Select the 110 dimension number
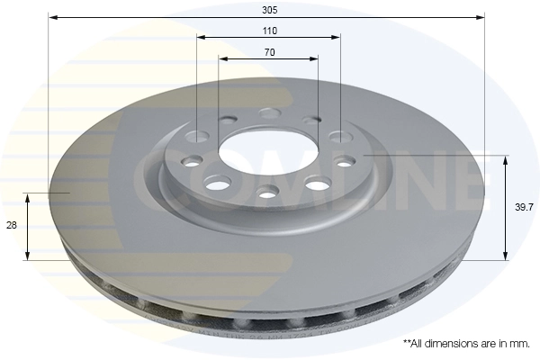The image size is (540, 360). pyautogui.click(x=269, y=31)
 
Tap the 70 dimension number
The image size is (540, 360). pyautogui.click(x=269, y=52)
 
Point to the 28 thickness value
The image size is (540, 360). pyautogui.click(x=11, y=226)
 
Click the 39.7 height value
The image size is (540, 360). pyautogui.click(x=522, y=207)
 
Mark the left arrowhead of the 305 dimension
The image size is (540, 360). pyautogui.click(x=52, y=16)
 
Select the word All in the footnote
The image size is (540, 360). pyautogui.click(x=417, y=344)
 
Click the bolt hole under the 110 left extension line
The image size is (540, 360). pyautogui.click(x=199, y=137)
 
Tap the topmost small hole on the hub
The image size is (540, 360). pyautogui.click(x=269, y=112)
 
